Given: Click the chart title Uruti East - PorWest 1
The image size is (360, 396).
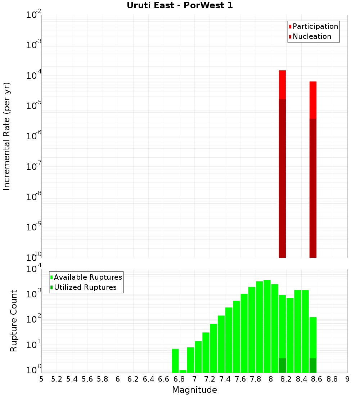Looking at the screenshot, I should (x=180, y=5).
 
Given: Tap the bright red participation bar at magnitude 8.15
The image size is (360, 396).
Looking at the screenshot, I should (x=282, y=84).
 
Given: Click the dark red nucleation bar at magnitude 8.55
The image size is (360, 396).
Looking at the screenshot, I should (x=313, y=187).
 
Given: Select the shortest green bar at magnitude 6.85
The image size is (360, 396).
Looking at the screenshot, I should (x=183, y=371).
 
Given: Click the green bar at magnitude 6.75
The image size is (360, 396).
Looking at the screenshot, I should (x=175, y=360).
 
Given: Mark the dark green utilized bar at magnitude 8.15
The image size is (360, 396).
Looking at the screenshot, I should (x=282, y=365).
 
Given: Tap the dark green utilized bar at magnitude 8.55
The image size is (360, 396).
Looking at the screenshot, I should (x=313, y=365).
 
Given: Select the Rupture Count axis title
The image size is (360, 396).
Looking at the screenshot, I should (x=14, y=321).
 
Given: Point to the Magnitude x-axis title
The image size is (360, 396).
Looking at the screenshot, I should (x=194, y=390).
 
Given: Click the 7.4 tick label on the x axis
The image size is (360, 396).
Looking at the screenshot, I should (x=225, y=379).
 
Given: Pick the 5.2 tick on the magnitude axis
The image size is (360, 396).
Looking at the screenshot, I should (x=57, y=379).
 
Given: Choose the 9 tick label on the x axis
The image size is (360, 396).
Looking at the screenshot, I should (x=347, y=379).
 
